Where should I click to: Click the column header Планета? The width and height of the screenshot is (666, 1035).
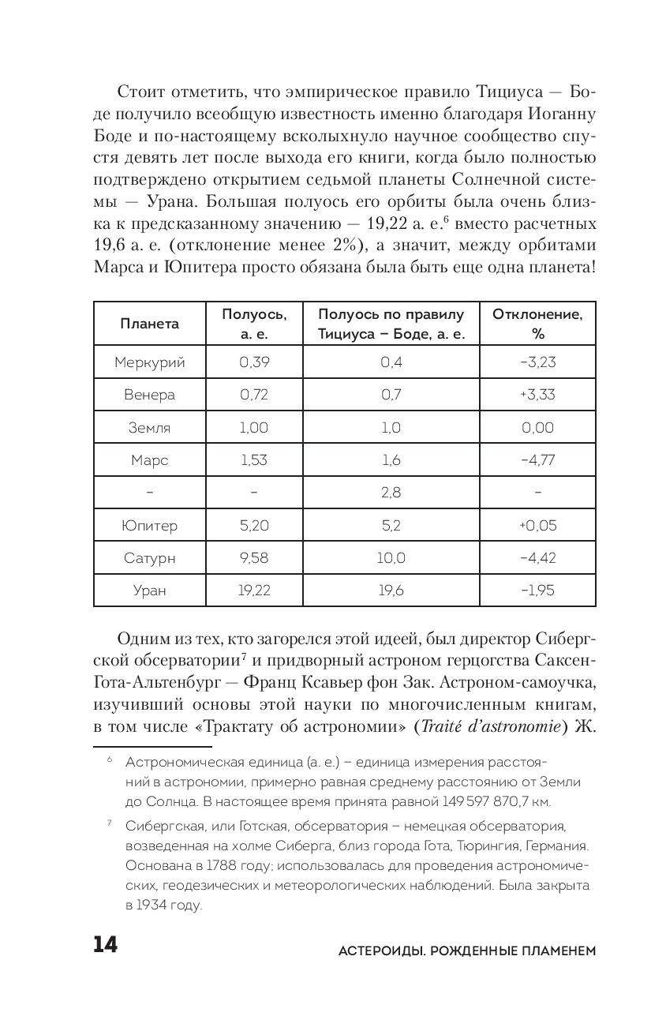pos(149,324)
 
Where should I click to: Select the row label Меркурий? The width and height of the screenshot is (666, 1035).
pos(149,362)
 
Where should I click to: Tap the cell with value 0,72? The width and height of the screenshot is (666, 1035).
pos(253,395)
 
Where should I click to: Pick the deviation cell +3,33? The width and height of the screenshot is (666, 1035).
pos(537,395)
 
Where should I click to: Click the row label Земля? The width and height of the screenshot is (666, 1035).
pos(149,428)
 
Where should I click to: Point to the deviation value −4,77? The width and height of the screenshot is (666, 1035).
pos(537,460)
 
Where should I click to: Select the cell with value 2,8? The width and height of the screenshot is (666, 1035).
pos(391,493)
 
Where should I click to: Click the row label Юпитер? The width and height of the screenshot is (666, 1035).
pos(149,526)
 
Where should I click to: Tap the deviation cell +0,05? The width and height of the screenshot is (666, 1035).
pos(537,526)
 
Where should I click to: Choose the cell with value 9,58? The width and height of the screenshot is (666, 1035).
pos(253,558)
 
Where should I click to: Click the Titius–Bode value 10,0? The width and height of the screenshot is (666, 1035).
pos(391,558)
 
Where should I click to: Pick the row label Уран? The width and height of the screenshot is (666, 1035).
pos(149,591)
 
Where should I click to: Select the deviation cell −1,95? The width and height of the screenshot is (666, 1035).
pos(537,591)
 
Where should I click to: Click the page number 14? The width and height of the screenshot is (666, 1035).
pos(105,945)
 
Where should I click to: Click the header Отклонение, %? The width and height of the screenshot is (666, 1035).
pos(537,324)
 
